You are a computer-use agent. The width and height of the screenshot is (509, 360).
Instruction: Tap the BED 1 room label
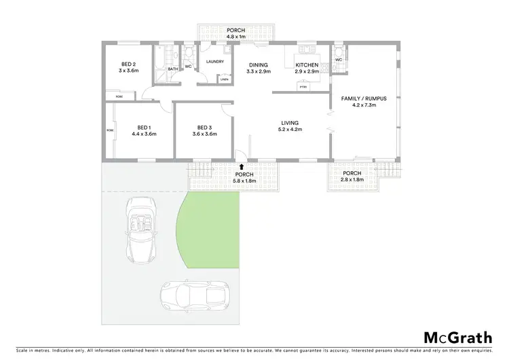144,127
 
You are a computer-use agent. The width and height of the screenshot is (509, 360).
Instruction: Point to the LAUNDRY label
215,62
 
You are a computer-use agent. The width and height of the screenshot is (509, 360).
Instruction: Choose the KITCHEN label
305,66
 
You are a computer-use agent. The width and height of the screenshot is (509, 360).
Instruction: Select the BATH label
173,69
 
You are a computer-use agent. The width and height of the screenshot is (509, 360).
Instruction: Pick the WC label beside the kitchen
338,60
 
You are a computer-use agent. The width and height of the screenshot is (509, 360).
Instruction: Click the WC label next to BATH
188,66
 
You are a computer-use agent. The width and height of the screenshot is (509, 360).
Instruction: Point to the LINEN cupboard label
224,79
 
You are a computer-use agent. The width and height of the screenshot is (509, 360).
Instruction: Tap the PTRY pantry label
303,86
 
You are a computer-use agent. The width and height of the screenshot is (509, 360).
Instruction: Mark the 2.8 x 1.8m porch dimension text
352,179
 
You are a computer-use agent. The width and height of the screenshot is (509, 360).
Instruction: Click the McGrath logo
457,338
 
